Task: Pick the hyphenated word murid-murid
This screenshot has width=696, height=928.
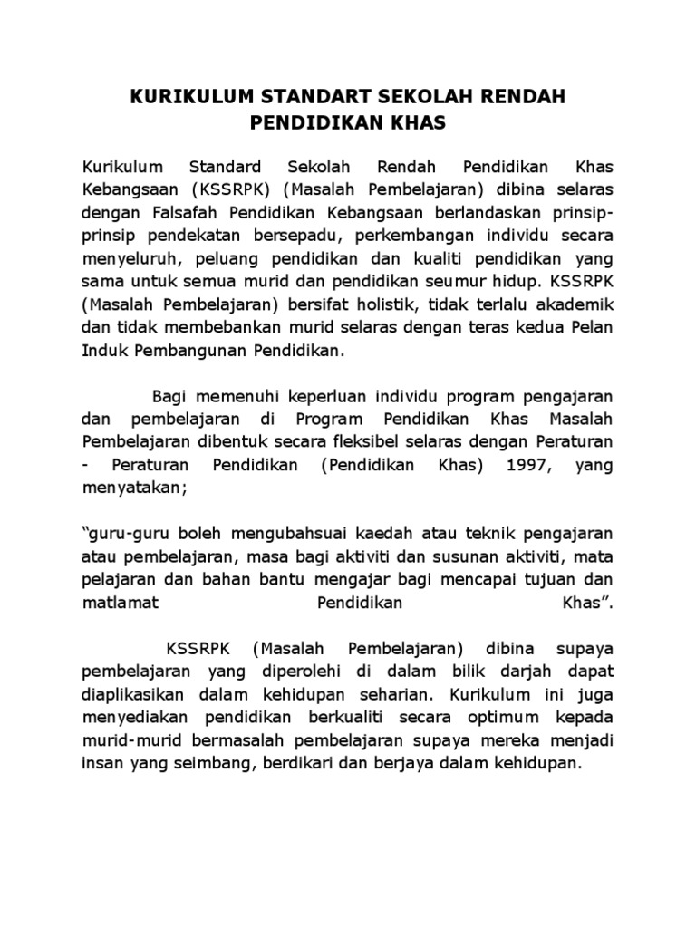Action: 127,741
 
